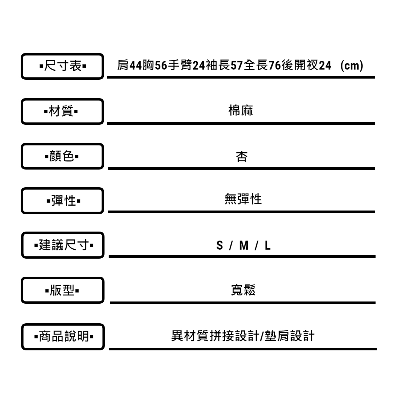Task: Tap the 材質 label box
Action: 62,111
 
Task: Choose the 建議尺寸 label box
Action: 62,245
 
